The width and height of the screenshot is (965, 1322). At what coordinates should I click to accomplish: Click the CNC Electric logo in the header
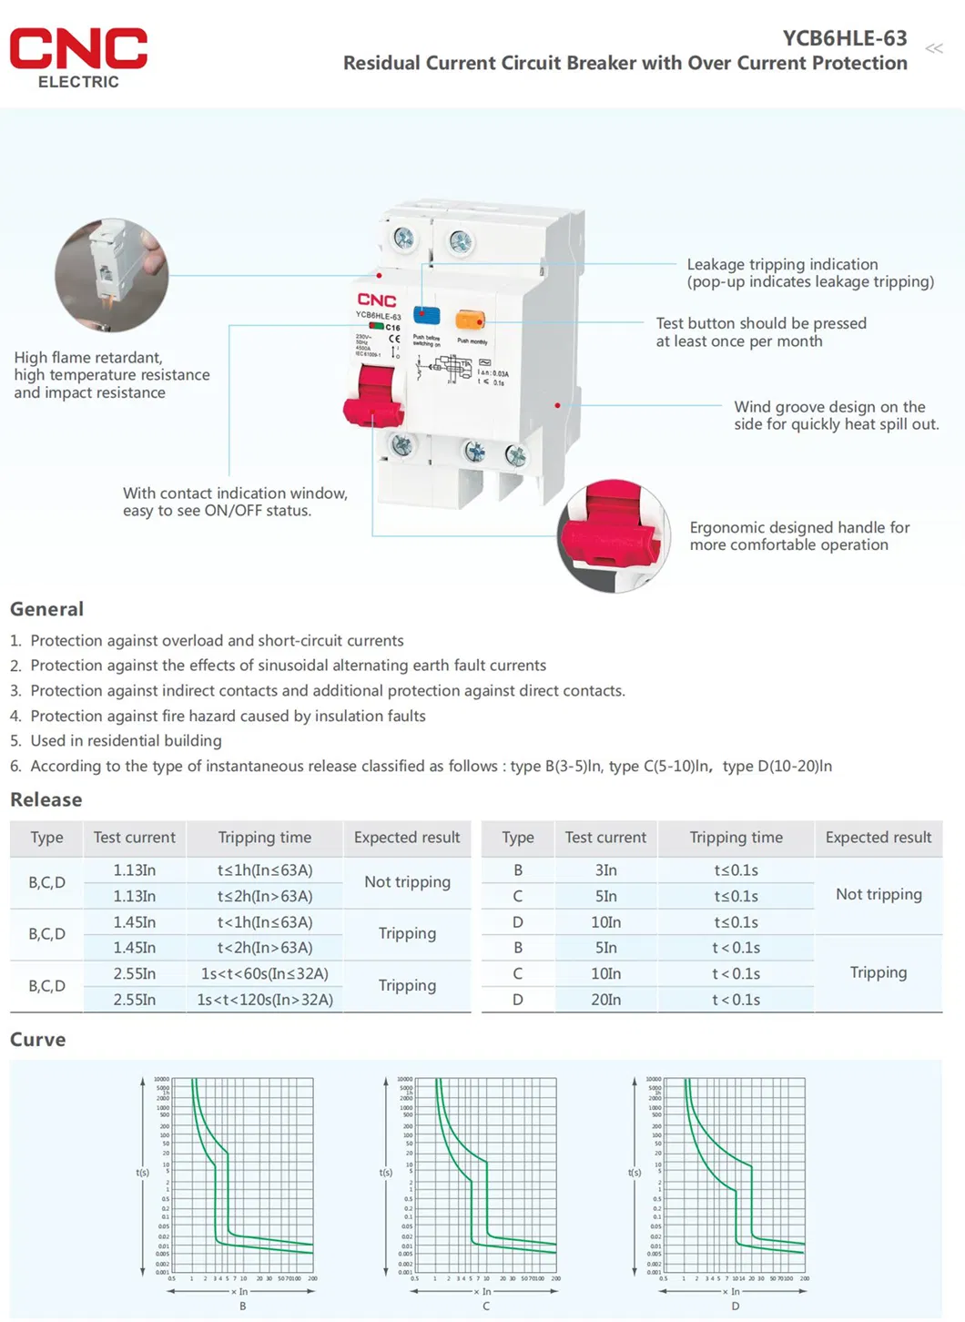(x=78, y=57)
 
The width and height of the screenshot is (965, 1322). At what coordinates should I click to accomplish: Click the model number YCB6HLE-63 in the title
(x=844, y=38)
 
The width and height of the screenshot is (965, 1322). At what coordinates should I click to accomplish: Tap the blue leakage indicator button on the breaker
(x=426, y=315)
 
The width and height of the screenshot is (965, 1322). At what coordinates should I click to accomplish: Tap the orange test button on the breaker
(x=470, y=320)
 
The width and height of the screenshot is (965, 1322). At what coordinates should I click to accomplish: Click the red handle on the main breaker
(x=375, y=396)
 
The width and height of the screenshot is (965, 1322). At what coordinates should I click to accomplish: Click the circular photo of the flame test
(x=111, y=274)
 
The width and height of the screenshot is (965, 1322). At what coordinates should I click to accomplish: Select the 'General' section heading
(x=46, y=609)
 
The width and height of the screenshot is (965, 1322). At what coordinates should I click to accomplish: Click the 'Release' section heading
(x=46, y=799)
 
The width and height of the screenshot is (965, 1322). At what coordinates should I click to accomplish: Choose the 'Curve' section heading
(x=37, y=1040)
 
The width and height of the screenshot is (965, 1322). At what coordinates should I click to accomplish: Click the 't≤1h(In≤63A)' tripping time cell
(x=265, y=870)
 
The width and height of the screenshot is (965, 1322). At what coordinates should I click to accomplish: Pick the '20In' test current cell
(x=605, y=1000)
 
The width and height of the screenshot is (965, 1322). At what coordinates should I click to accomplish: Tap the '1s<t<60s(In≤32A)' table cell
(x=265, y=974)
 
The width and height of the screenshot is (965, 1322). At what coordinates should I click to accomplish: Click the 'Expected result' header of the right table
(x=878, y=838)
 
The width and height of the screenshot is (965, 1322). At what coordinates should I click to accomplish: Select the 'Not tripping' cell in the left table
(x=407, y=882)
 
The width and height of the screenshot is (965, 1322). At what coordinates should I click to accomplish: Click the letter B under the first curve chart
(x=243, y=1306)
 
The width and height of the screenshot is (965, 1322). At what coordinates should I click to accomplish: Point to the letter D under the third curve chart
(x=735, y=1306)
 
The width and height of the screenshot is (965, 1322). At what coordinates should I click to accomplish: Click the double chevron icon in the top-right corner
(x=934, y=48)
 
